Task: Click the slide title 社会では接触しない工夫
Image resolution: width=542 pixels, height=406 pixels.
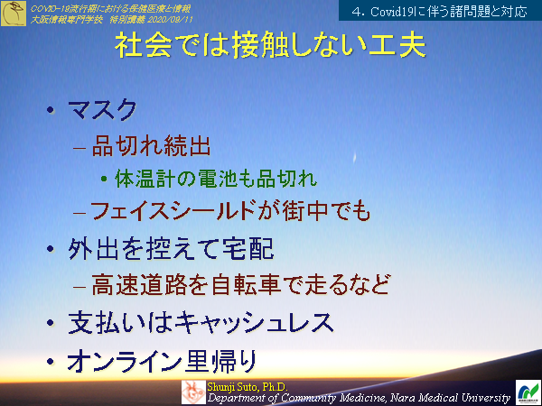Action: click(271, 47)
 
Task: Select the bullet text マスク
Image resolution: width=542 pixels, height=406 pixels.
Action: click(103, 111)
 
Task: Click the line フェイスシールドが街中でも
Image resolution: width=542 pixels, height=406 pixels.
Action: click(231, 210)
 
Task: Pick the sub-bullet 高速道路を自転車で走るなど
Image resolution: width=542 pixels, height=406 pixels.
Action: click(240, 284)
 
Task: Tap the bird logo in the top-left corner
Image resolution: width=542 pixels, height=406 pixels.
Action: click(14, 13)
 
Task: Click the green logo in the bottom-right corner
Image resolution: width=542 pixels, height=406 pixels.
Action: click(526, 392)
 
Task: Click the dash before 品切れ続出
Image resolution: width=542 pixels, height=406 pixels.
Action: click(79, 145)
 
